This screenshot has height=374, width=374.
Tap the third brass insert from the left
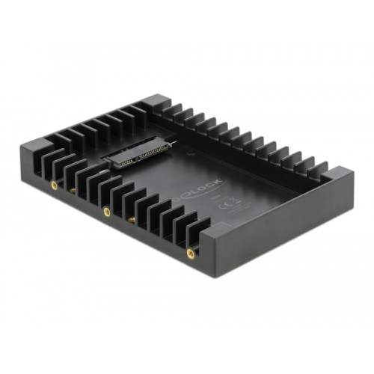[106, 212]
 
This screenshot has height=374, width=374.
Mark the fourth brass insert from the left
[132, 220]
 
